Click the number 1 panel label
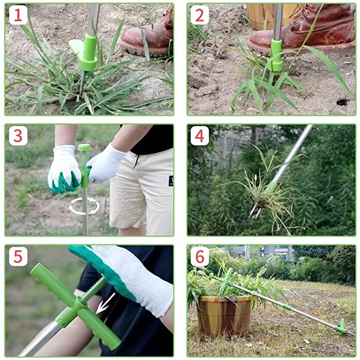point(18,15)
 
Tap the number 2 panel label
point(200,15)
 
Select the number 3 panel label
point(18,136)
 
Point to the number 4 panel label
point(200,136)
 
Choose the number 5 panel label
point(18,257)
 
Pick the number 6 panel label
point(200,257)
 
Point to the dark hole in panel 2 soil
point(343,101)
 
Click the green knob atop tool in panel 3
point(84,147)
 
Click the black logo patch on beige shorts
point(171,181)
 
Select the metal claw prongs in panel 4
point(256,211)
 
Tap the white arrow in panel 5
point(106,303)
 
